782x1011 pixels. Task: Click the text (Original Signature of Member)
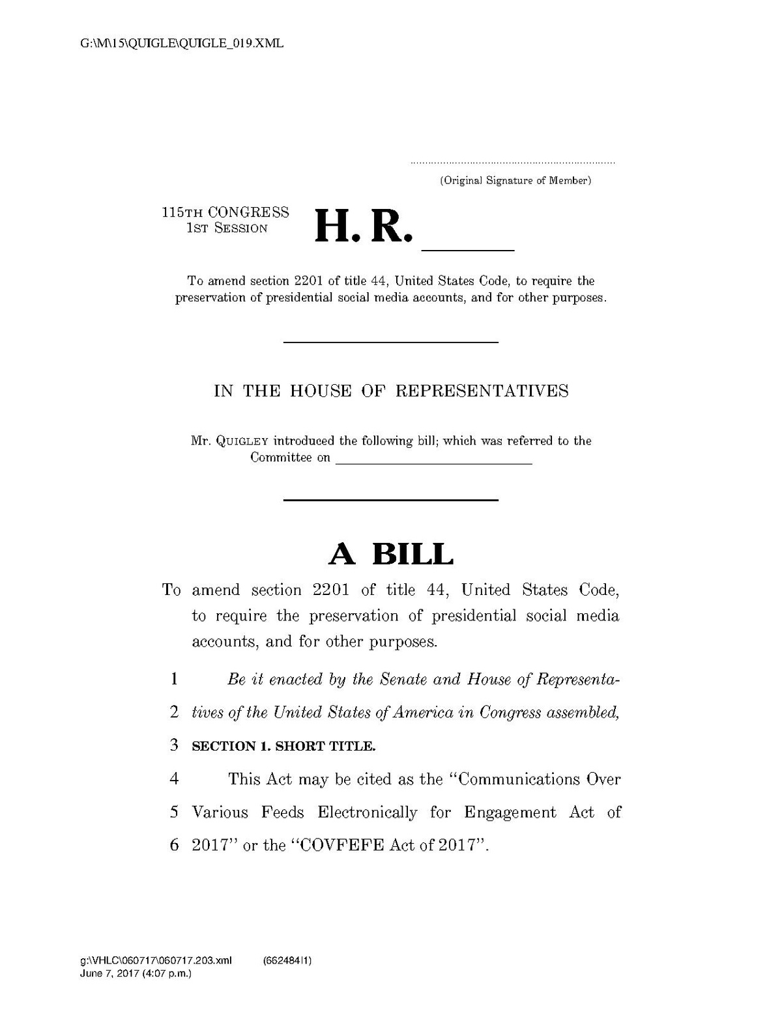[515, 180]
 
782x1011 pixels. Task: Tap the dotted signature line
[512, 162]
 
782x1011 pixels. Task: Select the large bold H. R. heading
[364, 227]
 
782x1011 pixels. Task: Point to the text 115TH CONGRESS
[225, 212]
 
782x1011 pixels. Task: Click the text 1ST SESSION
[227, 229]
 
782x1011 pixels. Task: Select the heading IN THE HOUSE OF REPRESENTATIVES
[391, 391]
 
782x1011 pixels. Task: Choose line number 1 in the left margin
[174, 680]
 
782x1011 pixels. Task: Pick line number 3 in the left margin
[174, 745]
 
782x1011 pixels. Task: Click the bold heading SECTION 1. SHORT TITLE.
[283, 746]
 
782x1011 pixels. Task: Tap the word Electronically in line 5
[368, 812]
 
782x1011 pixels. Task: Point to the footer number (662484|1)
[287, 960]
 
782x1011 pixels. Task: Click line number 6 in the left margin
[174, 846]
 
